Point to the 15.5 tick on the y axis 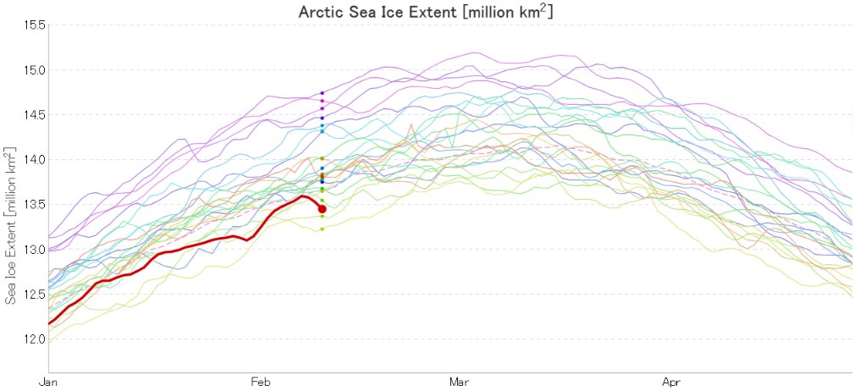click(x=34, y=25)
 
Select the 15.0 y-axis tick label click(x=34, y=69)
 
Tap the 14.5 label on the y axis click(x=34, y=114)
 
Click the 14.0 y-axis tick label click(x=34, y=159)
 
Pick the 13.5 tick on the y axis click(x=34, y=204)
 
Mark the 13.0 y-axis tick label click(x=34, y=249)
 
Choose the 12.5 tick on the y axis click(x=34, y=294)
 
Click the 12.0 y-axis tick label click(x=34, y=339)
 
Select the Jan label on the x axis click(x=50, y=382)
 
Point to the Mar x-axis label click(x=460, y=382)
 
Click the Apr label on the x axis click(x=672, y=382)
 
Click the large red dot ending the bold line click(x=322, y=209)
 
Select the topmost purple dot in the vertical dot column click(x=322, y=92)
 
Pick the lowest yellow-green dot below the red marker click(x=322, y=229)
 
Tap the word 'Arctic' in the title click(x=320, y=13)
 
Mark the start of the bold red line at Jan click(x=50, y=322)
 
